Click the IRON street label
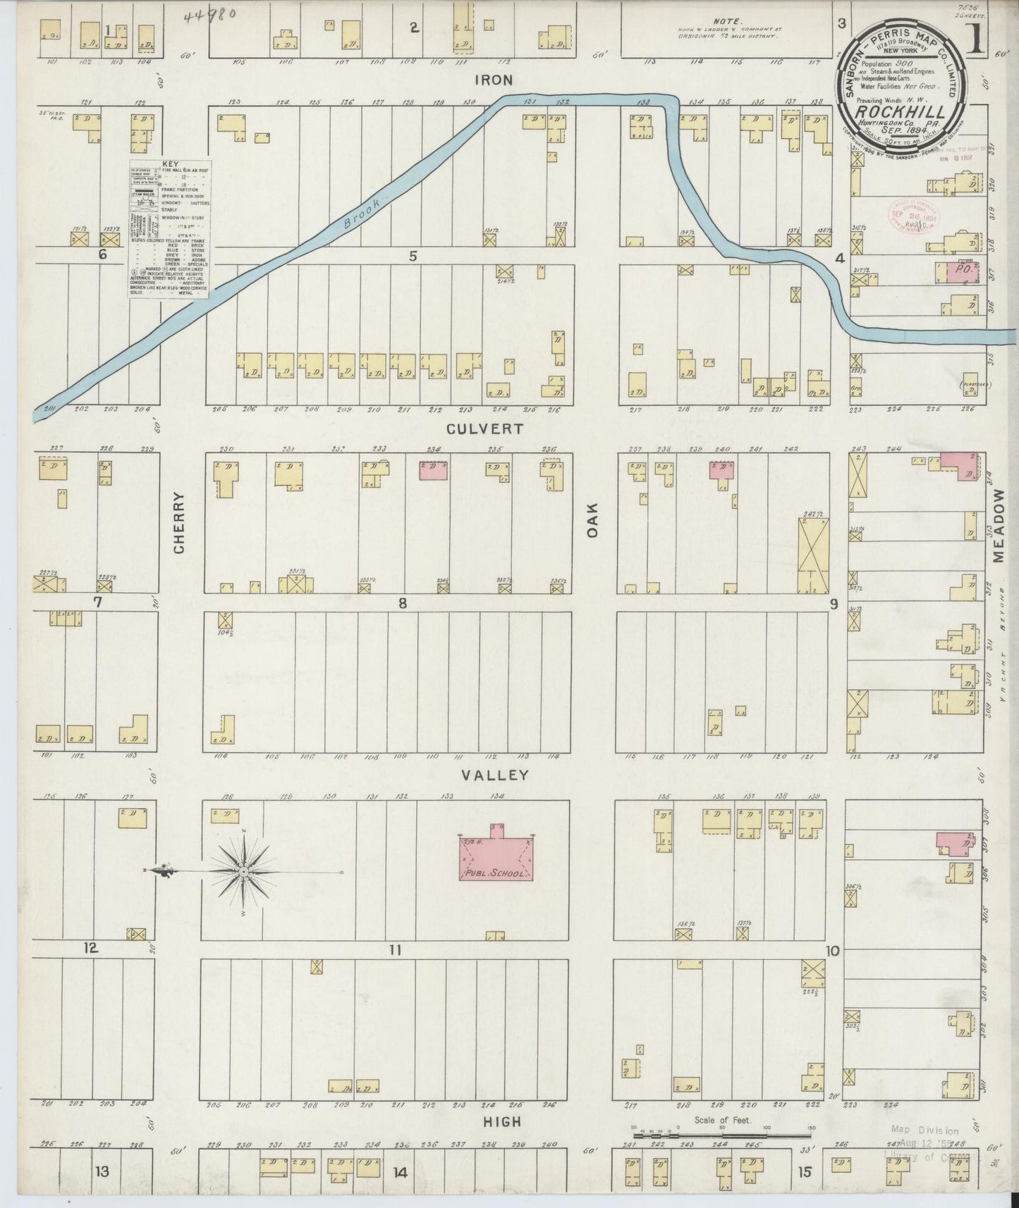[494, 81]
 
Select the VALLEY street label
[494, 775]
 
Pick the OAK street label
[592, 520]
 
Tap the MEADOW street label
[999, 527]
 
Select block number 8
[403, 603]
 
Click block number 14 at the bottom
[401, 1173]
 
